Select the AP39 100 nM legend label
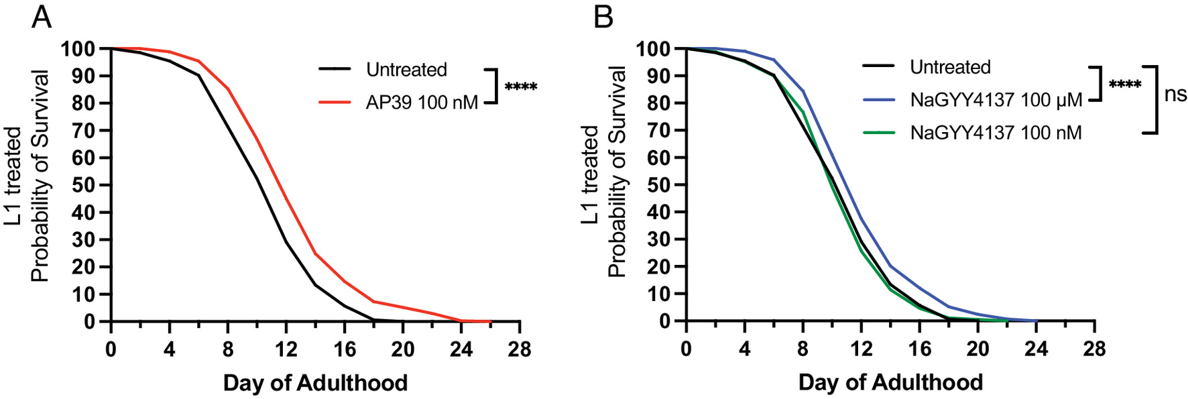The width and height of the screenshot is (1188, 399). click(x=422, y=103)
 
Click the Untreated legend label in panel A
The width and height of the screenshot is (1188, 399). click(x=406, y=70)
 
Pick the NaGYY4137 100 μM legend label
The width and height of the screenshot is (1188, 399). click(x=996, y=100)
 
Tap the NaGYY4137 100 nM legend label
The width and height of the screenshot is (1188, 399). click(x=996, y=133)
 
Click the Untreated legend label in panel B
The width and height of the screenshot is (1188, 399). click(x=950, y=67)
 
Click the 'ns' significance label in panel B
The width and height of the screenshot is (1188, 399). click(x=1175, y=95)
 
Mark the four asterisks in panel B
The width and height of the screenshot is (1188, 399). click(x=1125, y=85)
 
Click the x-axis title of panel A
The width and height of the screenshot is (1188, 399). click(x=315, y=383)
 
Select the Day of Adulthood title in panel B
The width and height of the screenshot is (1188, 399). click(x=890, y=383)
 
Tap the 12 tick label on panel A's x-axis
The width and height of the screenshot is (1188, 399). click(x=286, y=349)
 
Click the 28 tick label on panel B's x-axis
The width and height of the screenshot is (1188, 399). click(x=1094, y=349)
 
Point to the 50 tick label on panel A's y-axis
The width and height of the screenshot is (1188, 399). click(x=82, y=185)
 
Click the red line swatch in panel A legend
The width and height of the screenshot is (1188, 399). click(x=335, y=103)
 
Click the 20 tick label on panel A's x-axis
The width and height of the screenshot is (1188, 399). click(x=403, y=349)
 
